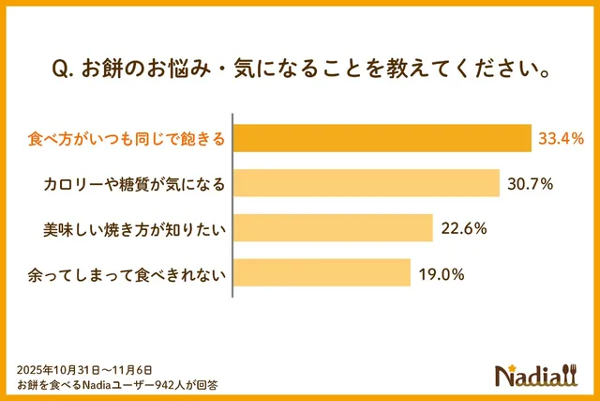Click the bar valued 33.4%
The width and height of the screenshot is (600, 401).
coord(382,138)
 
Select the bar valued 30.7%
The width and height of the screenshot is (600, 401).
coord(366,183)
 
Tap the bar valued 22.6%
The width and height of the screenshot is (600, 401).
coord(332,228)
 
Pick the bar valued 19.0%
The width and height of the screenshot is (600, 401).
coord(322,273)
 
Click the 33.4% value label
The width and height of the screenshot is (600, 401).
coord(561,139)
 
